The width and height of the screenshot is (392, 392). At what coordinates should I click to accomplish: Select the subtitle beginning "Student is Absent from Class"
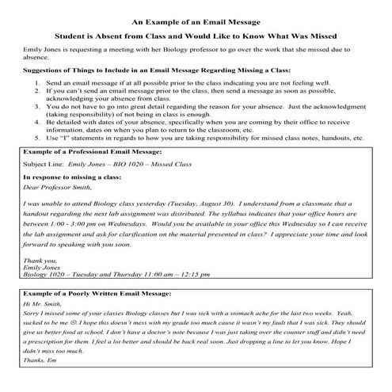[196, 36]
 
